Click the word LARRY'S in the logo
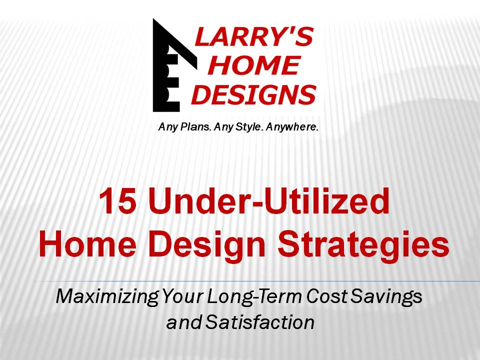[254, 36]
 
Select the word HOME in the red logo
[254, 65]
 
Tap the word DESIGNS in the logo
[254, 94]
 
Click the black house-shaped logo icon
[175, 65]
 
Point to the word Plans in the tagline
[195, 126]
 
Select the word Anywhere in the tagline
[292, 126]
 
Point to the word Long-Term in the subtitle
[255, 296]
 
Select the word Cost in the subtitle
[326, 296]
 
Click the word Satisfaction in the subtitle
[260, 322]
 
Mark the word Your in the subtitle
[182, 296]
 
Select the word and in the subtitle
[184, 322]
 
